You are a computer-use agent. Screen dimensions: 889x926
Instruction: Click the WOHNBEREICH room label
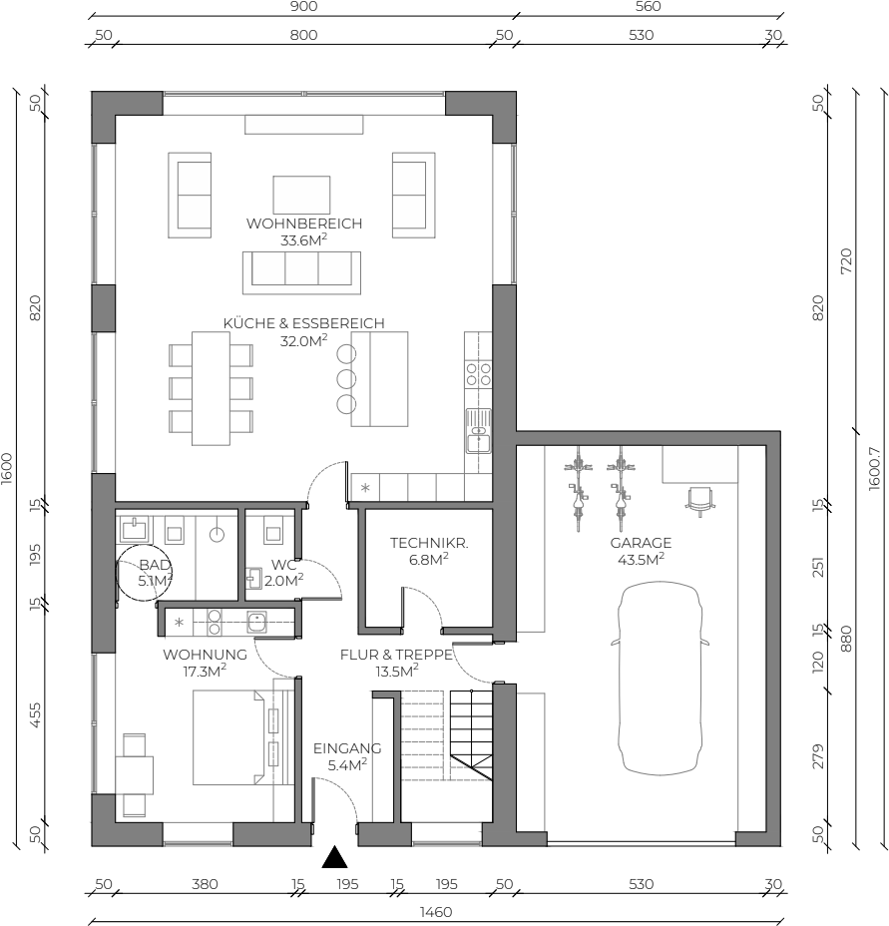[x=303, y=224]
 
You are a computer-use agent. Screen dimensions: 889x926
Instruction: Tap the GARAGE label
[x=641, y=543]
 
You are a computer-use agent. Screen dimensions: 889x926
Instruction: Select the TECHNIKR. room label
[x=429, y=543]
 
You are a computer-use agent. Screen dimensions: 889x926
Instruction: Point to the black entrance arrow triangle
[x=334, y=857]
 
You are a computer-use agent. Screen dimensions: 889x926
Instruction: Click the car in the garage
[x=661, y=678]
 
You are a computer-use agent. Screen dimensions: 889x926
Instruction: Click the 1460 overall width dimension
[x=436, y=912]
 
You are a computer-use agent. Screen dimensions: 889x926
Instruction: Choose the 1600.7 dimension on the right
[x=875, y=468]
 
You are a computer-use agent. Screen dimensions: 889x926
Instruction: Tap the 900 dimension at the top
[x=303, y=7]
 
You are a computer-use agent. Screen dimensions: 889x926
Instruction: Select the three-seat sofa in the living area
[x=301, y=272]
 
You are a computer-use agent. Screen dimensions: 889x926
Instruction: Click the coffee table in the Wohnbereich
[x=301, y=195]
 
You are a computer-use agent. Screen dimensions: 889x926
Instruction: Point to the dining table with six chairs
[x=211, y=388]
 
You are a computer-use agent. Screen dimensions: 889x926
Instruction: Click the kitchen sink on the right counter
[x=479, y=431]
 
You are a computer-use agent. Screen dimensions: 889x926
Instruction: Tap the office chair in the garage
[x=700, y=501]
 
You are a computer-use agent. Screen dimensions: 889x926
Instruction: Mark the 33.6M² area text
[x=303, y=240]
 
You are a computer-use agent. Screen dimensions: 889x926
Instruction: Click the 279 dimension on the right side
[x=817, y=756]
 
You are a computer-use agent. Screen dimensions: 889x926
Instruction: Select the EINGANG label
[x=347, y=748]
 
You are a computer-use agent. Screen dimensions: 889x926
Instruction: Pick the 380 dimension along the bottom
[x=205, y=884]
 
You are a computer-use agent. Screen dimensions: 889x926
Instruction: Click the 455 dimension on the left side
[x=36, y=715]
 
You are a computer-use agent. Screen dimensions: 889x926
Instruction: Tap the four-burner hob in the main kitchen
[x=479, y=374]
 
